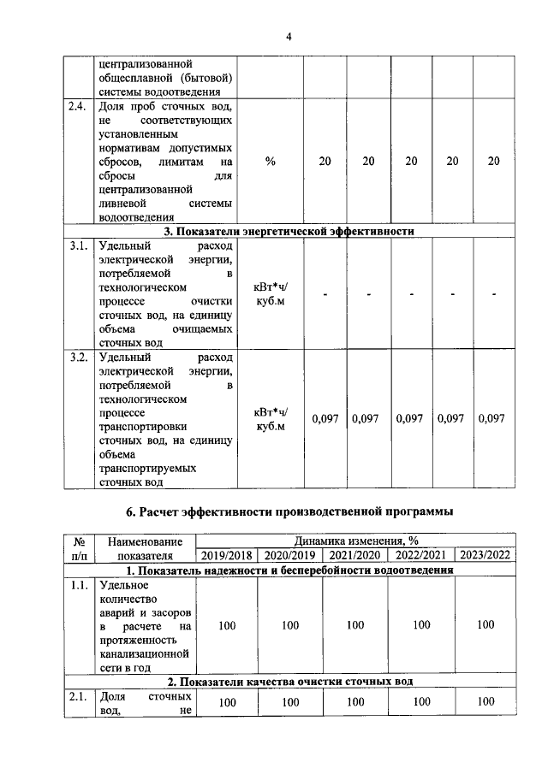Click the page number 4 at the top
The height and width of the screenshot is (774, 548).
pyautogui.click(x=289, y=36)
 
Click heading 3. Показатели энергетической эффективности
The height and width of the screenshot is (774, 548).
pyautogui.click(x=289, y=231)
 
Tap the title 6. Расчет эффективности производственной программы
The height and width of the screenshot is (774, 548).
pyautogui.click(x=289, y=512)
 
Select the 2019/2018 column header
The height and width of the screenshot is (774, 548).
pyautogui.click(x=227, y=555)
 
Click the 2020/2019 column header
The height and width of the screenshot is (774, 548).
pyautogui.click(x=290, y=555)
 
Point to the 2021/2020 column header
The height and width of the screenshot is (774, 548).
pyautogui.click(x=355, y=555)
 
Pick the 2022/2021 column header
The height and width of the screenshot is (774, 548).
pyautogui.click(x=420, y=555)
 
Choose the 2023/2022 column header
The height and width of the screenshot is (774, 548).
pyautogui.click(x=485, y=555)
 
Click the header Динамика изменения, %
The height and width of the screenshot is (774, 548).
pyautogui.click(x=355, y=541)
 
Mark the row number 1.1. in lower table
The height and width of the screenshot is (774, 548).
pyautogui.click(x=78, y=586)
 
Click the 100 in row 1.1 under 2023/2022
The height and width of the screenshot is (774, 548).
pyautogui.click(x=485, y=625)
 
